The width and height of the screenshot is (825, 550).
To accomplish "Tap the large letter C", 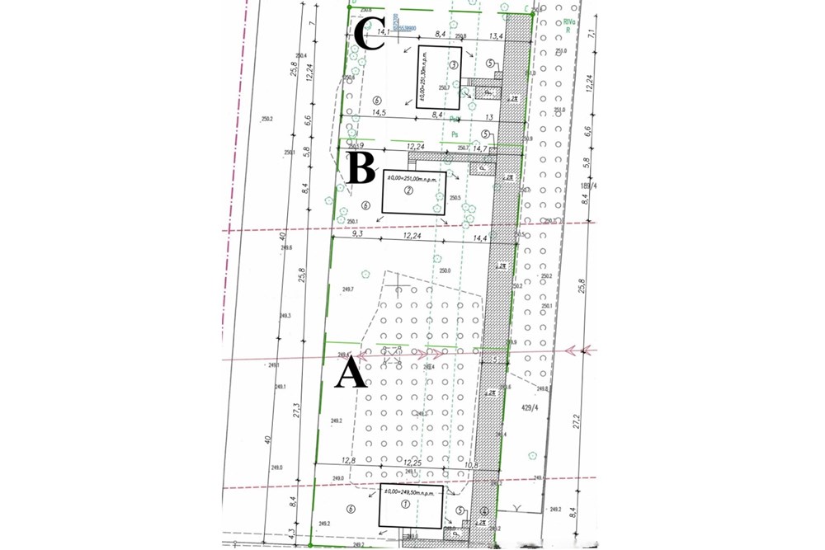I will pos(370,36).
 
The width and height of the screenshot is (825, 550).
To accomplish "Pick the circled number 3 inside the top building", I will pos(453,64).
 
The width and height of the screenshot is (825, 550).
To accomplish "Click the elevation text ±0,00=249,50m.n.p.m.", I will pos(410,491).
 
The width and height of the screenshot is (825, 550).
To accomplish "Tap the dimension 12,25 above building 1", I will pos(419,464).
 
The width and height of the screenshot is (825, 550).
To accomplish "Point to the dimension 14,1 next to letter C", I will pos(383,32).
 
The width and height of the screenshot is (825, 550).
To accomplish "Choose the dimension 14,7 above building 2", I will pos(481,148).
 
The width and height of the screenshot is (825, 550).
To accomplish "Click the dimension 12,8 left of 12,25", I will pos(346,463).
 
